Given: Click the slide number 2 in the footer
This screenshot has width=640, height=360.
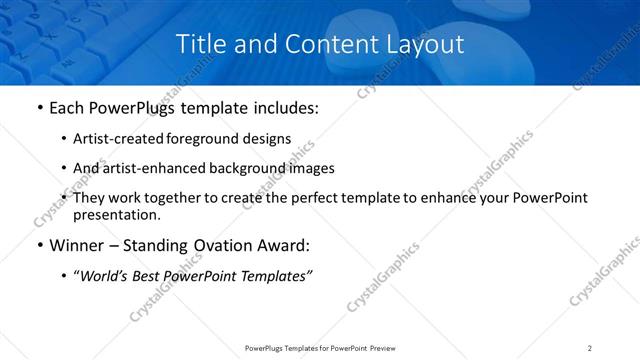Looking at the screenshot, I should tap(590, 347).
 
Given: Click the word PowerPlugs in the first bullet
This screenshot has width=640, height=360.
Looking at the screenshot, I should tap(129, 107).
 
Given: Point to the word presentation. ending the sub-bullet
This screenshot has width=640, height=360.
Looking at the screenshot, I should tap(116, 214).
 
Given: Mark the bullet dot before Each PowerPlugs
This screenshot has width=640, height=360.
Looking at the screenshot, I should tap(38, 107).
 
